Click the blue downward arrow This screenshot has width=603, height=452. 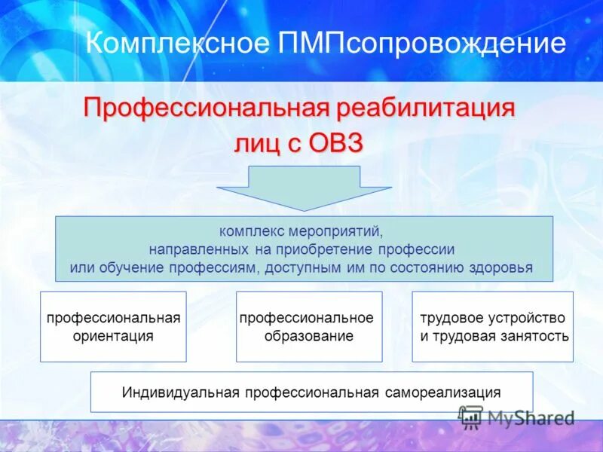tap(304, 187)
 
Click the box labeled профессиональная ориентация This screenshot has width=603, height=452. tap(113, 326)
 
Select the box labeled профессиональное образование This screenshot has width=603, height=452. tap(309, 326)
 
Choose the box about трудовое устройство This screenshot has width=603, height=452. tap(493, 326)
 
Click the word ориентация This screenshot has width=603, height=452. tap(113, 336)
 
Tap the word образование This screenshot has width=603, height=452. tap(309, 336)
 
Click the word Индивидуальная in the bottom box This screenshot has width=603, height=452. tap(180, 392)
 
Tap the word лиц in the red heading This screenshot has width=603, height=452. tap(256, 143)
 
